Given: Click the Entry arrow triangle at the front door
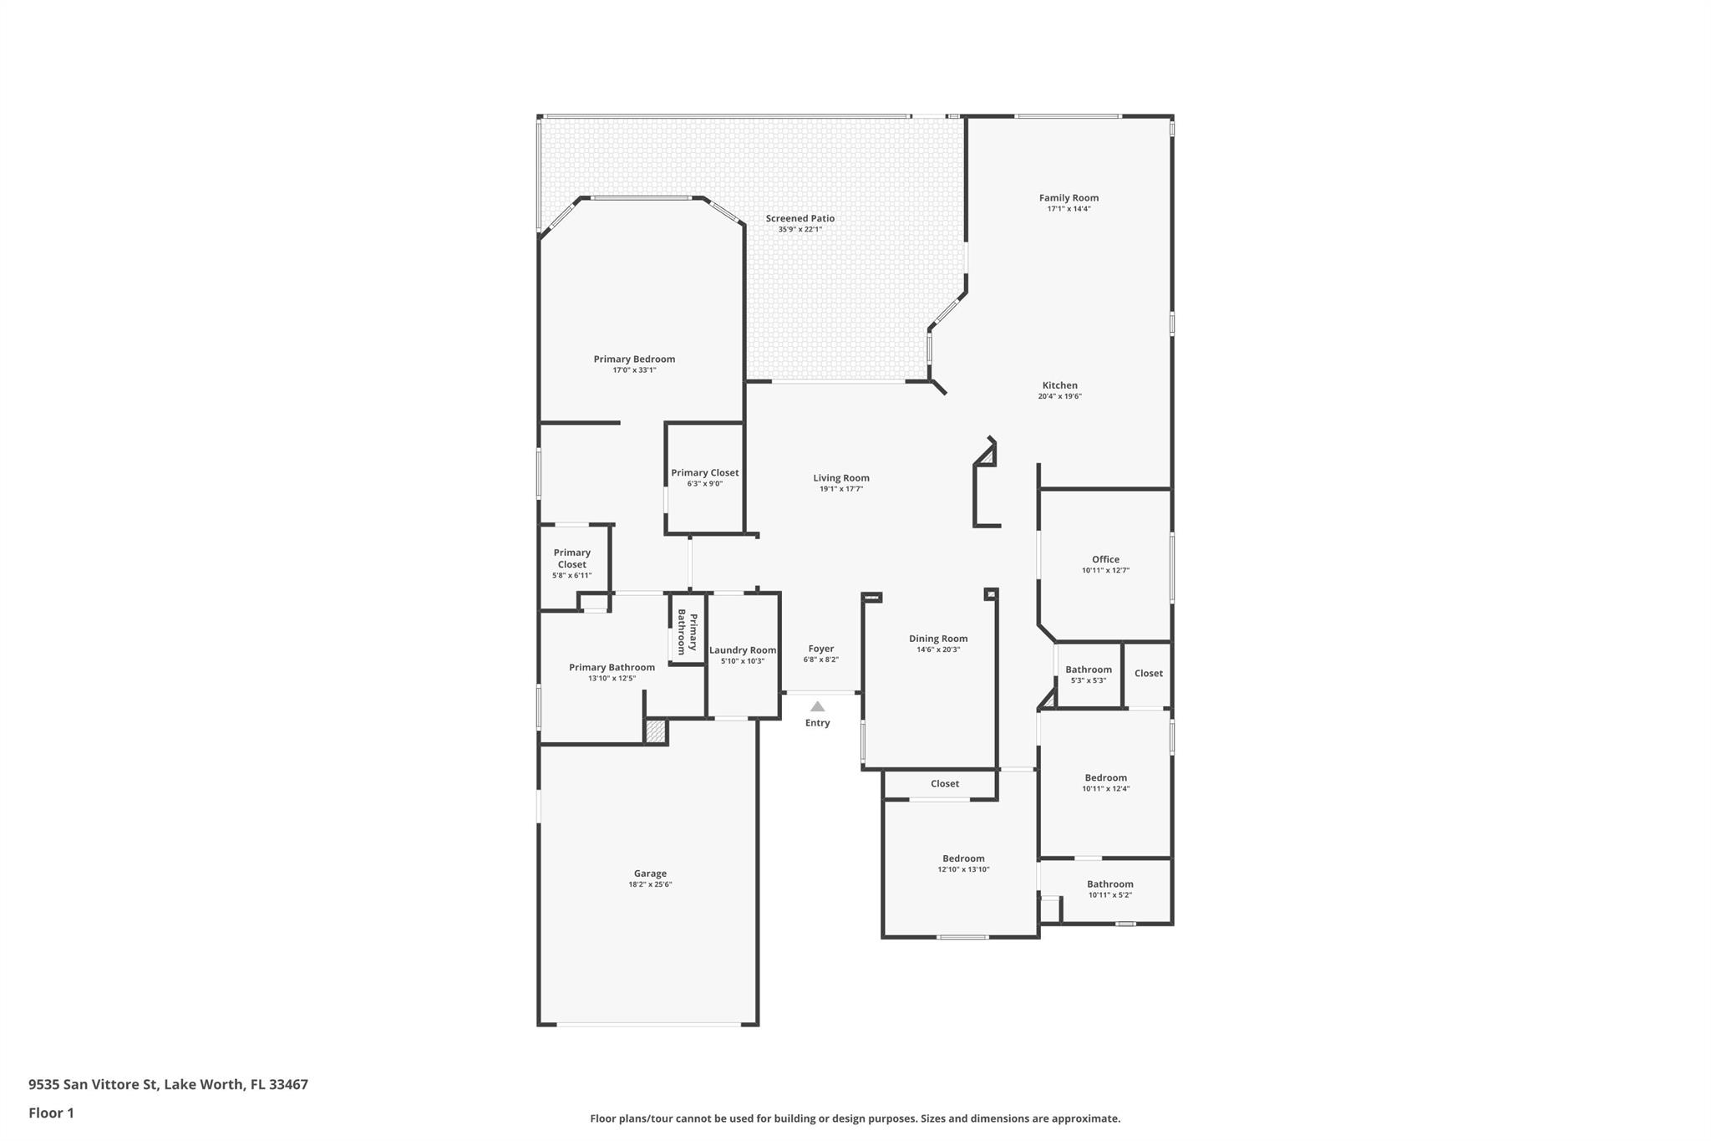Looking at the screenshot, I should pos(817,706).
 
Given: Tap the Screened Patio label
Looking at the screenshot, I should pos(800,218).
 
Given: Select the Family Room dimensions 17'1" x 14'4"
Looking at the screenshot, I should pos(1069,209).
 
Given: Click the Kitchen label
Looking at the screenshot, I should pos(1059,385).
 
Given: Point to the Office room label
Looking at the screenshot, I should pos(1105,559).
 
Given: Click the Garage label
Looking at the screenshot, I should pos(650,874).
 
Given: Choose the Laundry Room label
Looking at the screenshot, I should pos(743,650).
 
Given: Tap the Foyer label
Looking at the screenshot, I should pos(820,649).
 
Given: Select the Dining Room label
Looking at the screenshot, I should pos(938,639).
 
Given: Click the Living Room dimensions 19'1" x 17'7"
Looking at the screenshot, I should pos(840,489).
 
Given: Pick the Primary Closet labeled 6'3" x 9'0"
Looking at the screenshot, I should pos(704,473).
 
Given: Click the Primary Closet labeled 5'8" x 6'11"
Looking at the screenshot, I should pos(571,558).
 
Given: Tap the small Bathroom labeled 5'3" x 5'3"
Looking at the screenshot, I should pos(1088,670).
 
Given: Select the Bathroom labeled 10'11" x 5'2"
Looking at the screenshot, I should pos(1109,884).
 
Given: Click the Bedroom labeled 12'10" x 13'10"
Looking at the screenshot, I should pos(963,858).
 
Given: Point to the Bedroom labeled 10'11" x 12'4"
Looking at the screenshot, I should pos(1105,777).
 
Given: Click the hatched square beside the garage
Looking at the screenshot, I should pos(656,732).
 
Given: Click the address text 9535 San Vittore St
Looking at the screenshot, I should pos(168,1084).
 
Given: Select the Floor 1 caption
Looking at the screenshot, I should pos(51,1113).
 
